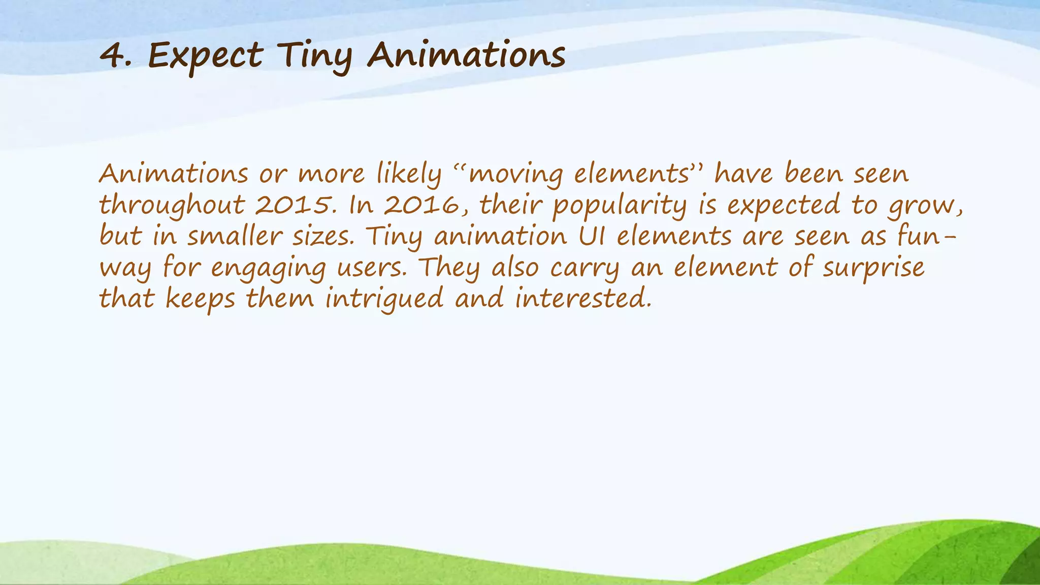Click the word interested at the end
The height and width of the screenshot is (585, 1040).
[583, 299]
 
